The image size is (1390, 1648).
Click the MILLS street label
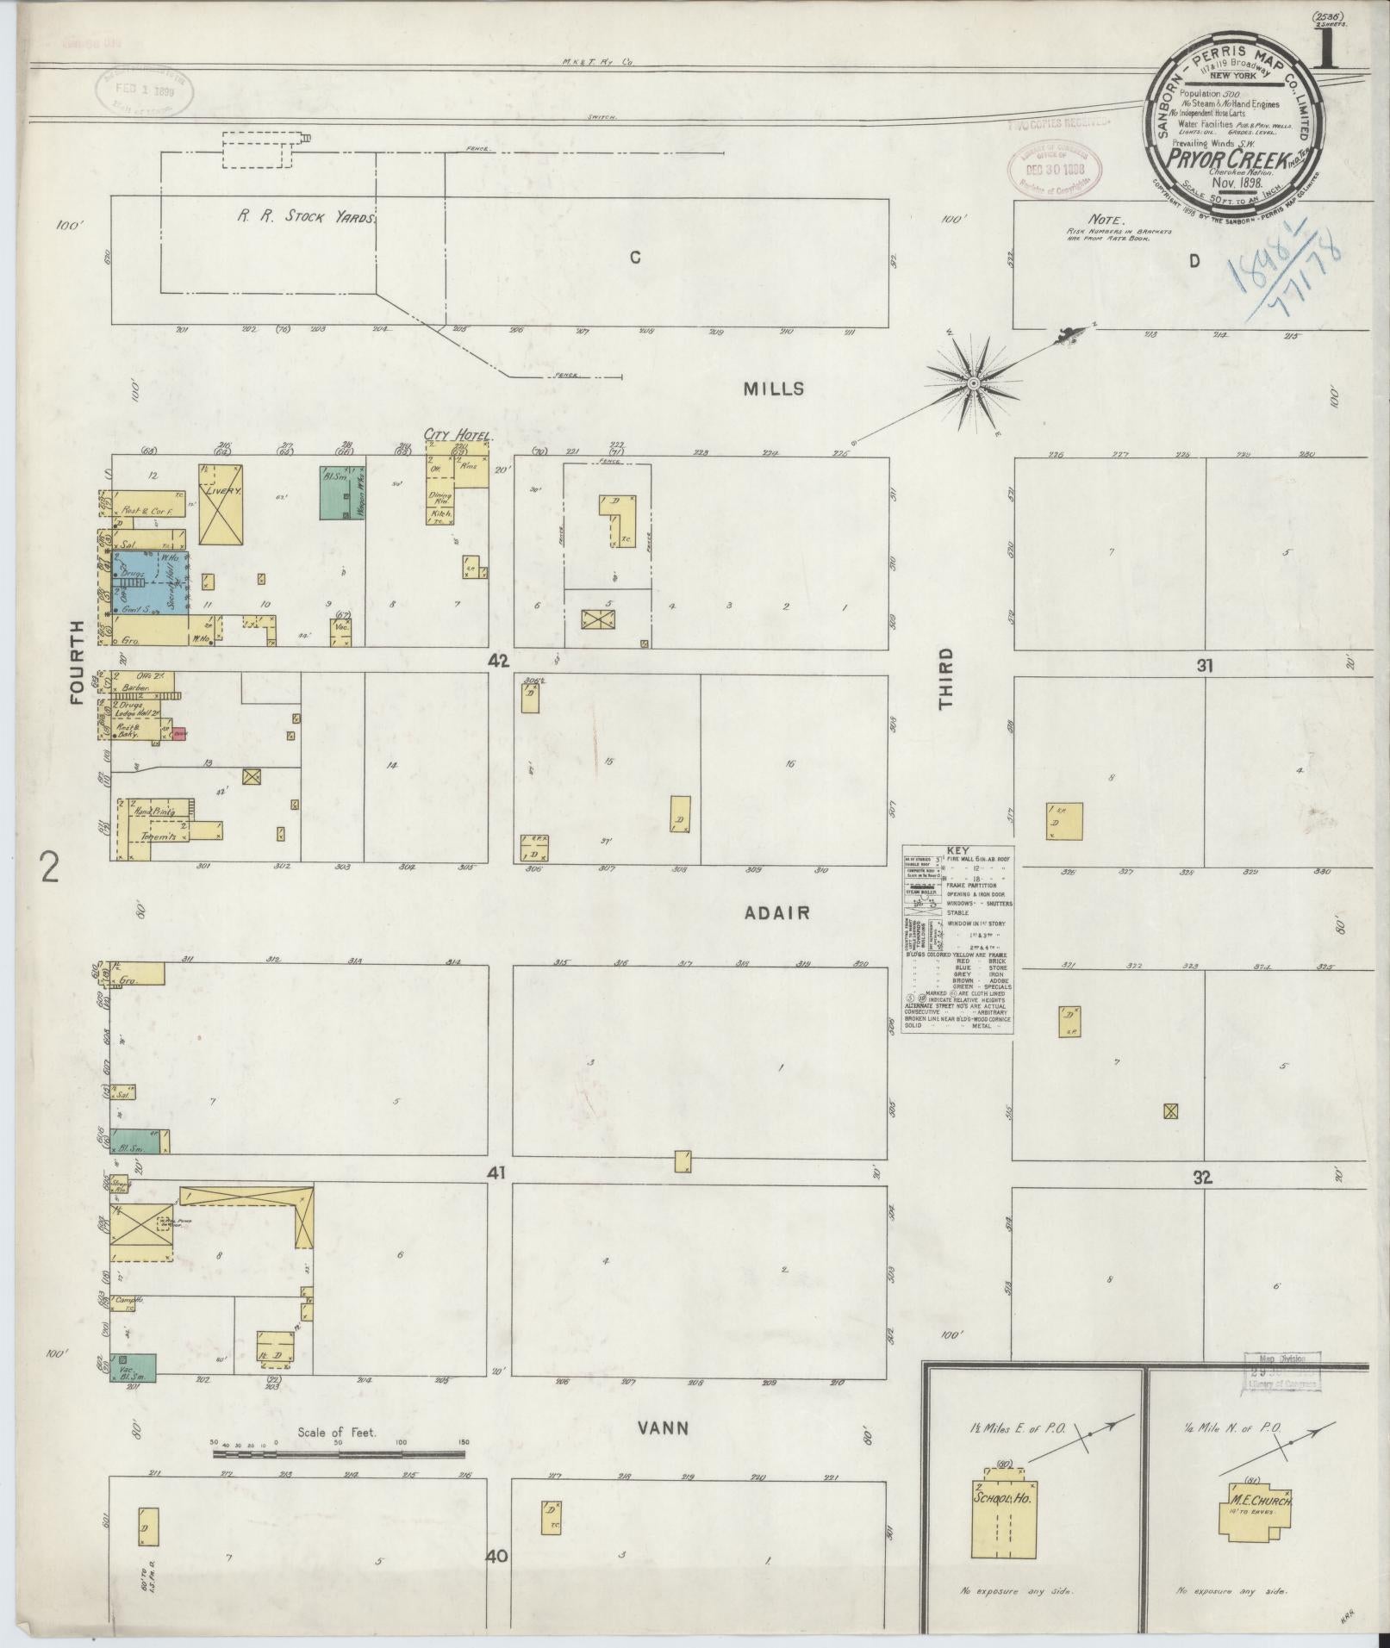774,389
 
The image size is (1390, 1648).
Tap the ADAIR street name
777,912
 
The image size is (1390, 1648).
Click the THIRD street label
946,679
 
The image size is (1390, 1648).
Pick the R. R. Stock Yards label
308,218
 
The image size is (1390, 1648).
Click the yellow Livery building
221,504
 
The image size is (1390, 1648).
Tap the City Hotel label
456,435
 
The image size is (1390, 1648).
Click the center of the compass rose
973,382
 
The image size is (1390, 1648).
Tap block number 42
498,662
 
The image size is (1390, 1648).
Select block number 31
1204,665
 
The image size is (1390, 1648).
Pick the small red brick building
179,733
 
